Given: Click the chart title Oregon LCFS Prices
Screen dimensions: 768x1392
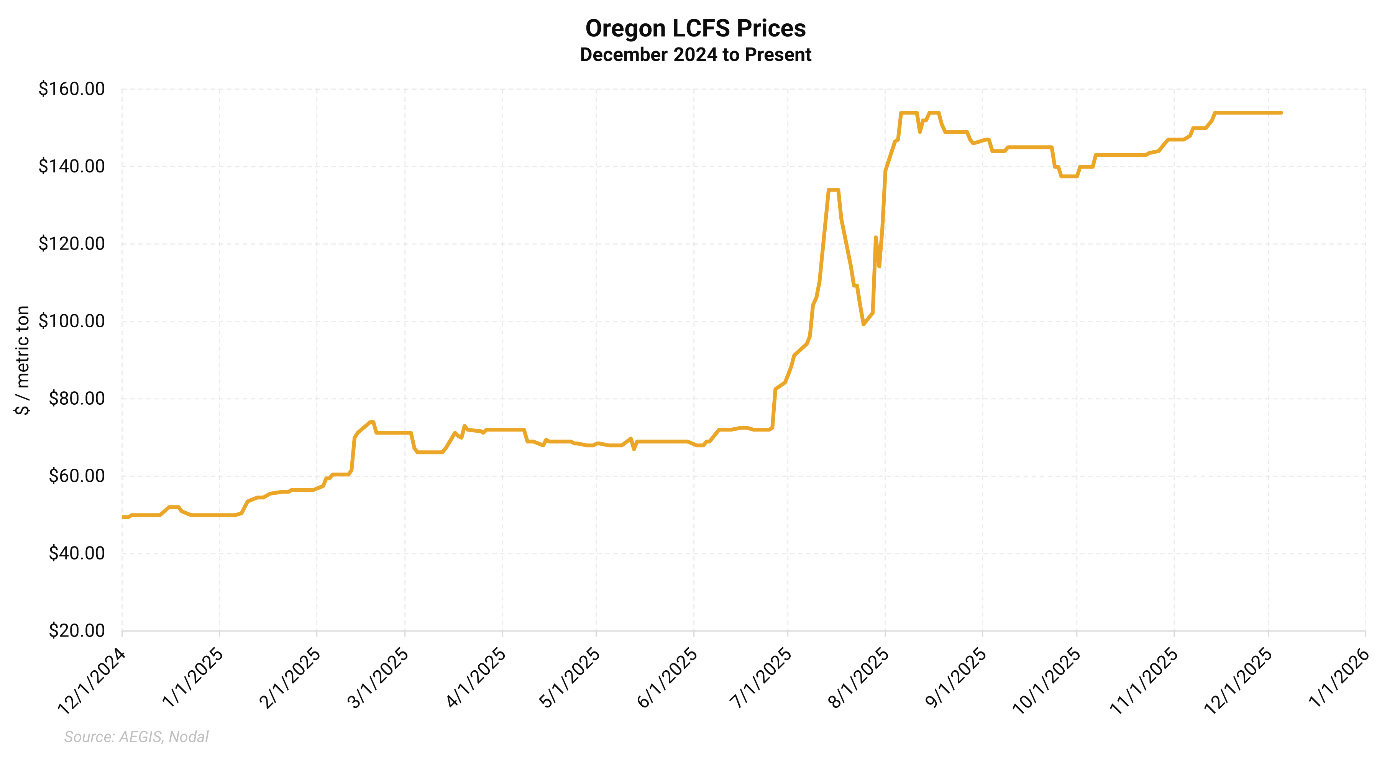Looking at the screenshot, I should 696,29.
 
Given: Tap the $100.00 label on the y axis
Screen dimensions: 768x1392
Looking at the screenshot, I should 71,322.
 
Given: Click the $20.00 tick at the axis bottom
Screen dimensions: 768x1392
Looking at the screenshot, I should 76,631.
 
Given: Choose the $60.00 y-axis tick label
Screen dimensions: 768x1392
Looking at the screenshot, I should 76,476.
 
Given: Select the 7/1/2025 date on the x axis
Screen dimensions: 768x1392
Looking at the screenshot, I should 760,678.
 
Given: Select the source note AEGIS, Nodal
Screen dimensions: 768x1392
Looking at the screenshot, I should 136,737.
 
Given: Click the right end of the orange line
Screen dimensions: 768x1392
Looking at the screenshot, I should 1281,113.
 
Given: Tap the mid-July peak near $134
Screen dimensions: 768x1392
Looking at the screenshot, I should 833,190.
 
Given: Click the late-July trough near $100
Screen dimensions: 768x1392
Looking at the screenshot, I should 863,324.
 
